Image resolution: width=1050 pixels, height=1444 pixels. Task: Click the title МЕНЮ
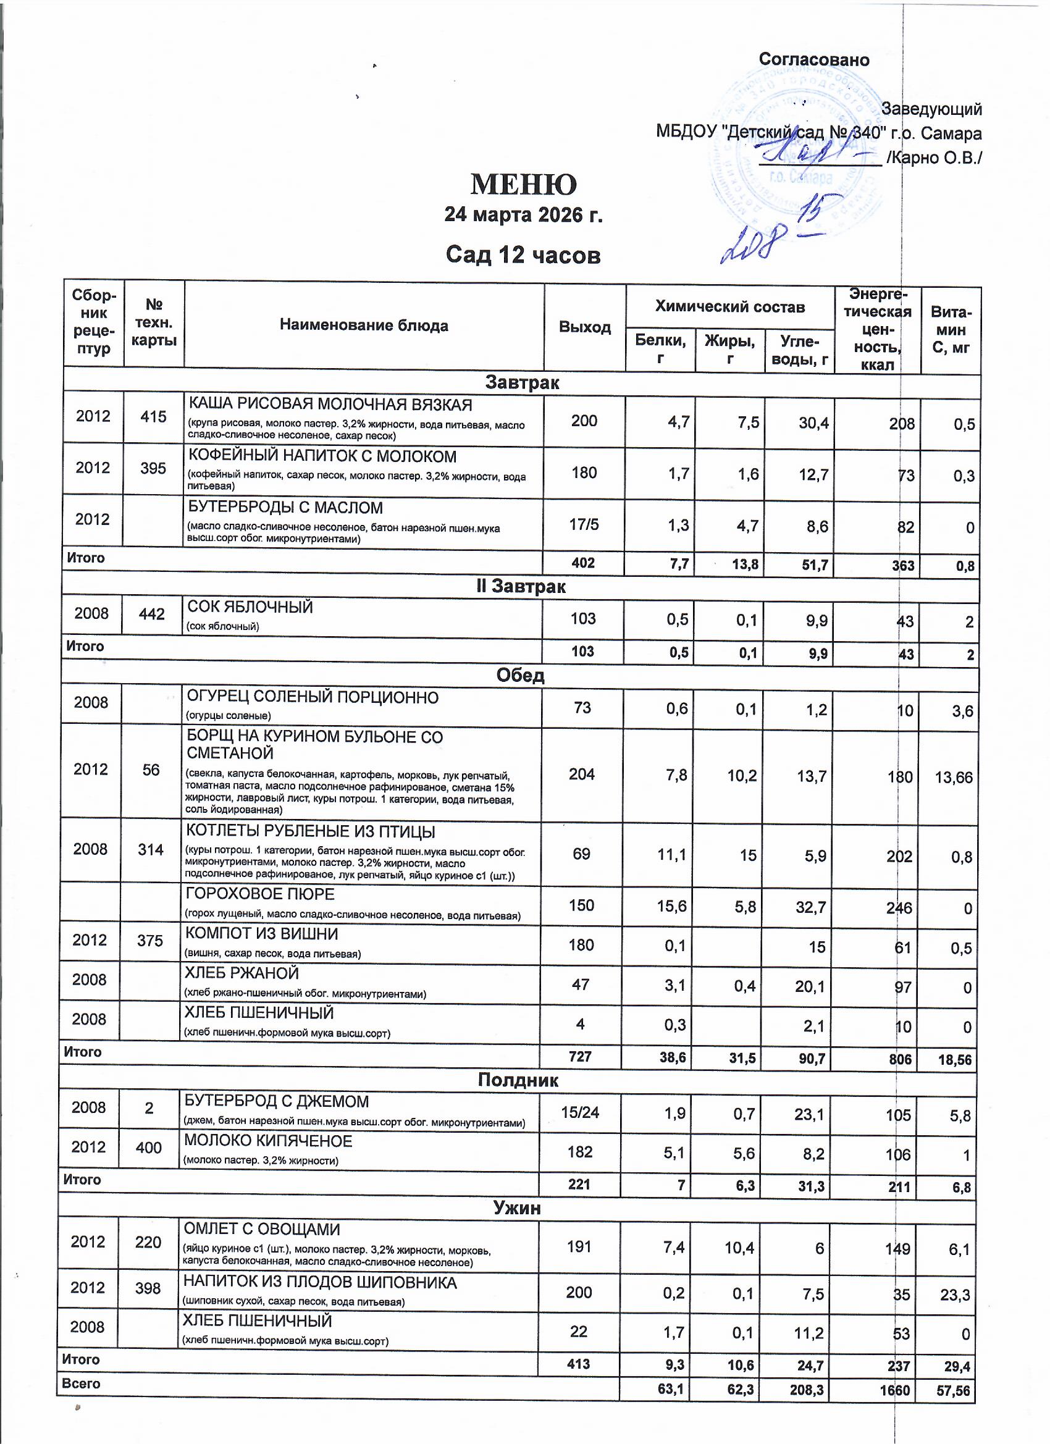(x=523, y=185)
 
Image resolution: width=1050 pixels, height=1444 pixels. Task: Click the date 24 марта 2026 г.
(x=523, y=214)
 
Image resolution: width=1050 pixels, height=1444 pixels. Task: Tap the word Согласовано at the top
(x=814, y=60)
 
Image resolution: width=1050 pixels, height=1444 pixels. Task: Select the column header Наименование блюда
(x=364, y=325)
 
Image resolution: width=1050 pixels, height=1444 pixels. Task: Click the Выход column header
(x=584, y=327)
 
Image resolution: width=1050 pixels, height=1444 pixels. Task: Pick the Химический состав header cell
(x=729, y=307)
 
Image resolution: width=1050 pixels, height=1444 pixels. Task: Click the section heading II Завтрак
(x=521, y=586)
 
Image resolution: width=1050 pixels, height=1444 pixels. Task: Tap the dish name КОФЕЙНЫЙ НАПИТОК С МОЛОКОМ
(x=322, y=456)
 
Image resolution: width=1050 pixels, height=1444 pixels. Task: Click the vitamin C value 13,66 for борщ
(x=953, y=777)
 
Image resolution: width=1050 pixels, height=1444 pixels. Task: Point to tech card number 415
(x=153, y=416)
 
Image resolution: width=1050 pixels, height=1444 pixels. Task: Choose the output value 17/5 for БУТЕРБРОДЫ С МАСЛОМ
(x=584, y=524)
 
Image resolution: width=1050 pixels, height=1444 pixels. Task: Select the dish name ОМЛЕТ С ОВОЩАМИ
(x=262, y=1229)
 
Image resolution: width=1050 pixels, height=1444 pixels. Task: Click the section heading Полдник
(x=518, y=1080)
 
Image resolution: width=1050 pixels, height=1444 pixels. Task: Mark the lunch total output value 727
(x=579, y=1056)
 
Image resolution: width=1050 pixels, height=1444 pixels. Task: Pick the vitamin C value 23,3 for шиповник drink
(x=954, y=1295)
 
